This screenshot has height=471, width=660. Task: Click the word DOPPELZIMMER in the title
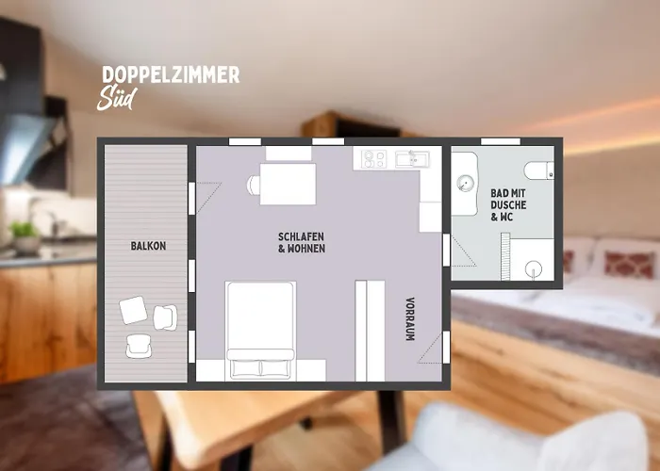pyautogui.click(x=170, y=75)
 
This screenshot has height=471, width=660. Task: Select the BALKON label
pyautogui.click(x=148, y=246)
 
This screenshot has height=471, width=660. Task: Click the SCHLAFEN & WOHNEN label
pyautogui.click(x=301, y=242)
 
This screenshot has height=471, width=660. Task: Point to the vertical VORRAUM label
pyautogui.click(x=409, y=318)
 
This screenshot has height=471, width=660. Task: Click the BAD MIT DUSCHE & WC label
pyautogui.click(x=508, y=204)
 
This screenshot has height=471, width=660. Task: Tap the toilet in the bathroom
pyautogui.click(x=538, y=170)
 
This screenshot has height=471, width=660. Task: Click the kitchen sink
pyautogui.click(x=410, y=159)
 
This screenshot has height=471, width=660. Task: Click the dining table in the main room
pyautogui.click(x=288, y=184)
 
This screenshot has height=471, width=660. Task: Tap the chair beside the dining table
pyautogui.click(x=253, y=185)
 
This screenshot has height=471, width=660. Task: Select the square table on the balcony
pyautogui.click(x=133, y=310)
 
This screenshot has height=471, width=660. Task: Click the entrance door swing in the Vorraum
pyautogui.click(x=429, y=349)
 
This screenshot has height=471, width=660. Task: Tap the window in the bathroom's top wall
pyautogui.click(x=500, y=141)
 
